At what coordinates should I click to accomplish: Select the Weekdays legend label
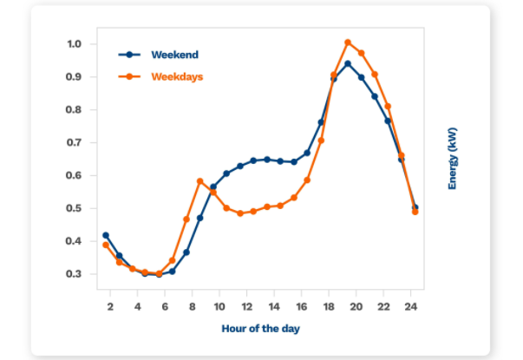tap(177, 76)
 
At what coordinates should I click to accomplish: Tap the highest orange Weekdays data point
tap(348, 43)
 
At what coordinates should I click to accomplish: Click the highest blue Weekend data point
tap(348, 63)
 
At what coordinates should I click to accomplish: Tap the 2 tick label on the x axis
tap(110, 307)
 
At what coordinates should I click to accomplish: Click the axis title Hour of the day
tap(261, 329)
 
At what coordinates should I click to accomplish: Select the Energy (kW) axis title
tap(452, 158)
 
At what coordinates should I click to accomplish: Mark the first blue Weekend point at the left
tap(106, 235)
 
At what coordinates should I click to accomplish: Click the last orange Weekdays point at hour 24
tap(415, 212)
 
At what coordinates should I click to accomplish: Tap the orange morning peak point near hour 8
tap(200, 181)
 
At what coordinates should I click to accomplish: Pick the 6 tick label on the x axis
tap(165, 307)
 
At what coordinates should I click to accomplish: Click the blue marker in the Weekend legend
tap(130, 55)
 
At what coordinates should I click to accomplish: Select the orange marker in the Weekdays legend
tap(130, 76)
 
